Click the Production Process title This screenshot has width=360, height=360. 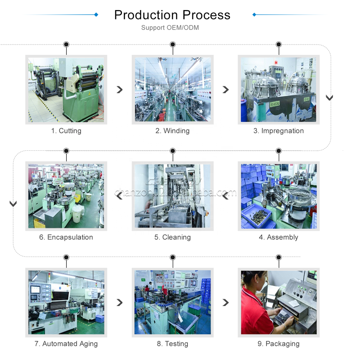pyautogui.click(x=172, y=15)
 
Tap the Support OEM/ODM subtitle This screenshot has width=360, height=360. pyautogui.click(x=170, y=28)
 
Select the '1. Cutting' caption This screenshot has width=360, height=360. pyautogui.click(x=66, y=131)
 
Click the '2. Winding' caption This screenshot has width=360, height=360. pyautogui.click(x=172, y=131)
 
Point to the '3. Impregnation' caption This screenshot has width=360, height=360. pyautogui.click(x=279, y=131)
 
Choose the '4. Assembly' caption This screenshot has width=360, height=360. pyautogui.click(x=279, y=237)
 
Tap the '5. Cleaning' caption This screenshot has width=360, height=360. pyautogui.click(x=172, y=237)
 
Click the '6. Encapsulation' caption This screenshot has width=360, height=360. pyautogui.click(x=66, y=237)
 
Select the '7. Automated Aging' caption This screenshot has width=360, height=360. pyautogui.click(x=66, y=344)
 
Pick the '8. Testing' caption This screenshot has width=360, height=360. pyautogui.click(x=172, y=344)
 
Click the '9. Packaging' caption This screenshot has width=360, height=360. pyautogui.click(x=279, y=344)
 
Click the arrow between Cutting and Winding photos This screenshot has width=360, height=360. pyautogui.click(x=120, y=89)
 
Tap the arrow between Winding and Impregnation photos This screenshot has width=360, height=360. pyautogui.click(x=225, y=89)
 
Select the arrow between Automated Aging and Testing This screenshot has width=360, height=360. pyautogui.click(x=120, y=302)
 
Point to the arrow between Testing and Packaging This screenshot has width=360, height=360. pyautogui.click(x=225, y=302)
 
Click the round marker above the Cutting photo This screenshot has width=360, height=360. pyautogui.click(x=66, y=44)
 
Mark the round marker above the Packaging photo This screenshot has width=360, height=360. pyautogui.click(x=279, y=257)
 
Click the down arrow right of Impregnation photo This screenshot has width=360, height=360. pyautogui.click(x=329, y=98)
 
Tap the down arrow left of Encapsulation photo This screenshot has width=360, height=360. pyautogui.click(x=13, y=204)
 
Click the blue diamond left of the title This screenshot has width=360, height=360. pyautogui.click(x=96, y=15)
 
